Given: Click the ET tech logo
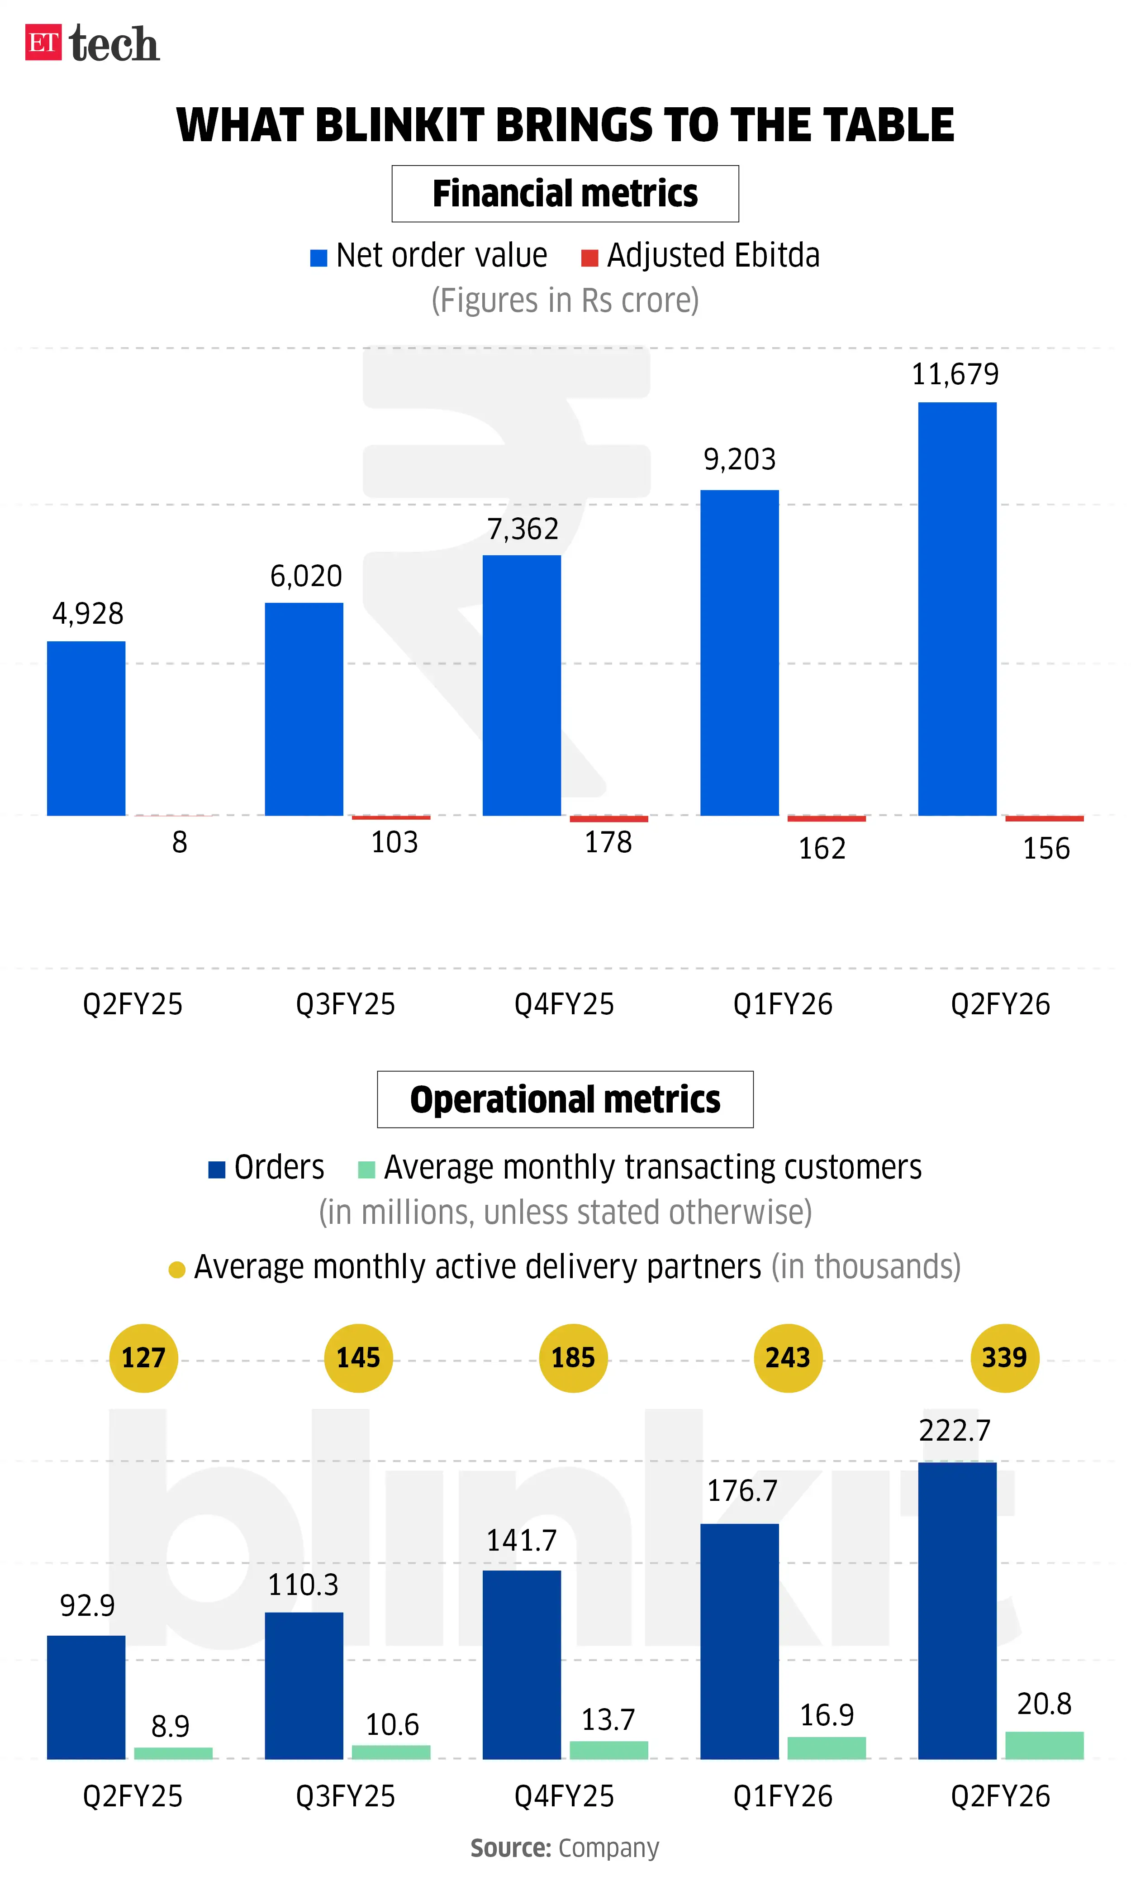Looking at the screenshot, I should point(92,43).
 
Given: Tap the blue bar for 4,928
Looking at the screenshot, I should point(86,728).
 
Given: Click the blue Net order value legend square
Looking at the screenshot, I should point(318,258).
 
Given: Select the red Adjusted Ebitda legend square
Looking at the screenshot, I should point(589,258).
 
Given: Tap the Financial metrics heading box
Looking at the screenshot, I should point(565,194).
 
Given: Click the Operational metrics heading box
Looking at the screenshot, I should point(565,1099).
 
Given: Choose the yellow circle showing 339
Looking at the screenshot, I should point(1004,1358).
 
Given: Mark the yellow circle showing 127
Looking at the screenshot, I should point(143,1358).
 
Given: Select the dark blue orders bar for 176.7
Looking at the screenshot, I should point(739,1641).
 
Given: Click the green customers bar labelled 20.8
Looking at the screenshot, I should point(1044,1745).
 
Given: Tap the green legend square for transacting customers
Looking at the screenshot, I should point(366,1170).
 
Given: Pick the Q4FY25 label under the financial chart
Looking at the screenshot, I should point(564,1004).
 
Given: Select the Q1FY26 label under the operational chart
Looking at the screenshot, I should point(783,1796).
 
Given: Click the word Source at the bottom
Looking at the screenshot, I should point(510,1848).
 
